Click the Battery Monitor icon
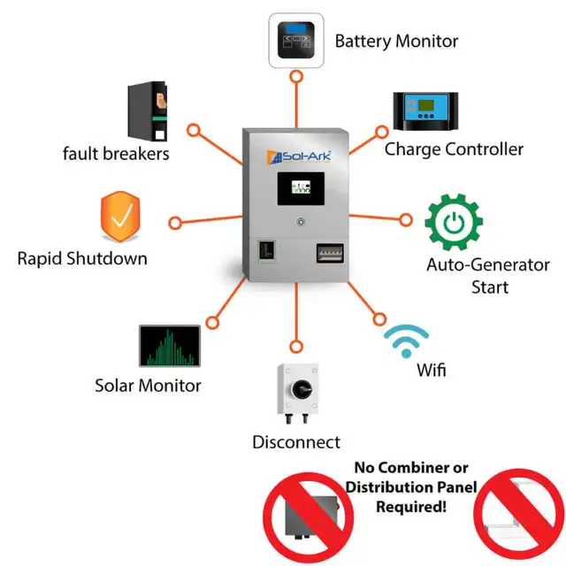click(296, 41)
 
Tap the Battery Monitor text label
click(396, 41)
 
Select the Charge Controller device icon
click(427, 111)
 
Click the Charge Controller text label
click(454, 149)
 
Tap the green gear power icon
click(453, 222)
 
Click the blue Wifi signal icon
click(406, 340)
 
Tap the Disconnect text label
click(296, 442)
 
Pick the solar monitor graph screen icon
click(169, 347)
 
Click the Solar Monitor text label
click(148, 386)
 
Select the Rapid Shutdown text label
click(82, 259)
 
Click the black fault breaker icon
click(148, 111)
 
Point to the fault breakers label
click(116, 154)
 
